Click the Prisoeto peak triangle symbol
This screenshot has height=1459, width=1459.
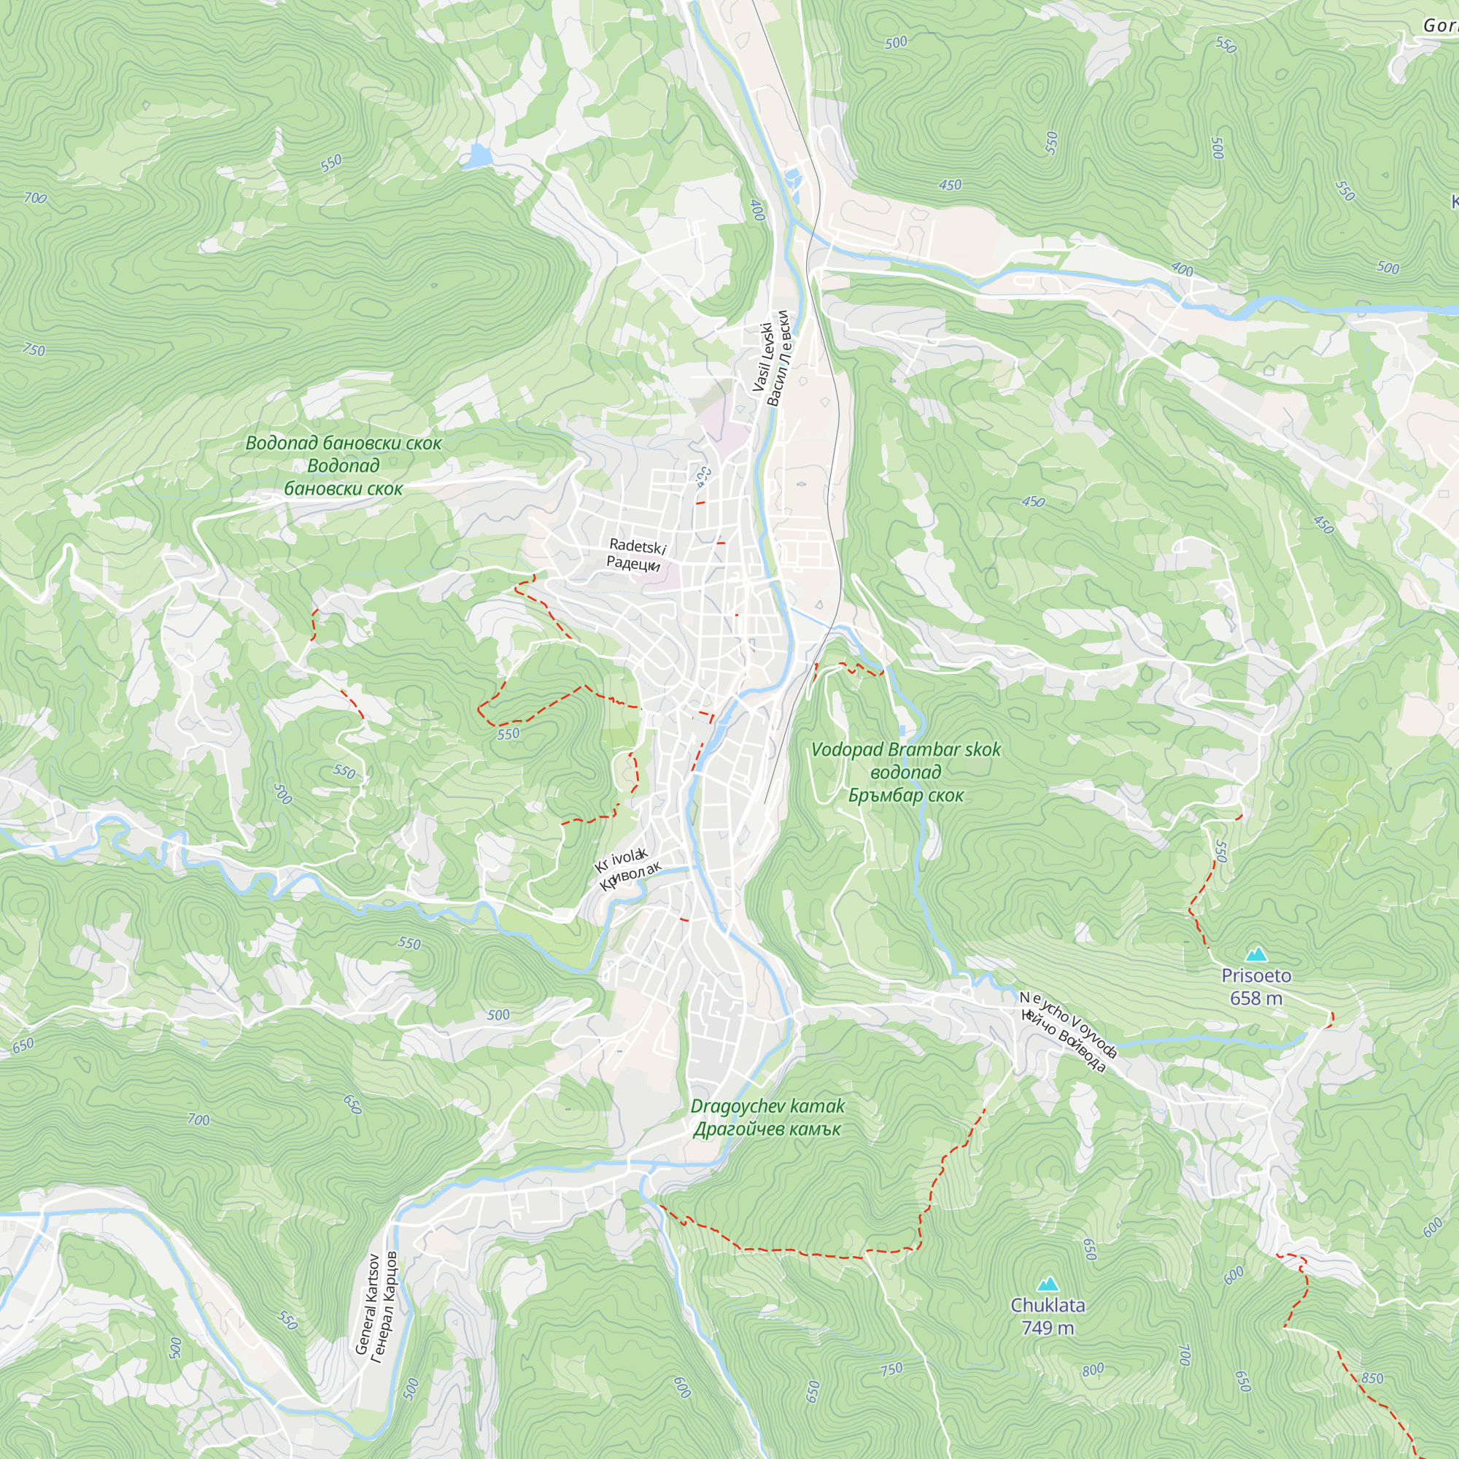point(1256,954)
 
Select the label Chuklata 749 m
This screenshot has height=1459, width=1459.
point(1048,1316)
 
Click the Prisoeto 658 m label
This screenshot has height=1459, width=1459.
point(1256,987)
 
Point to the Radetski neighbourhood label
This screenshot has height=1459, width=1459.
point(636,555)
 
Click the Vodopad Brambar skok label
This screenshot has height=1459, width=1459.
point(905,772)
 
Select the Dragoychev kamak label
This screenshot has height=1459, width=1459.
point(767,1118)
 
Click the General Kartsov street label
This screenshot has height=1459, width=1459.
point(375,1304)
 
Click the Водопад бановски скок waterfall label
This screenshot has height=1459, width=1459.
point(344,465)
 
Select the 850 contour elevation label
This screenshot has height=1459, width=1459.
point(1372,1379)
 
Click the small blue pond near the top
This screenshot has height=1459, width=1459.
point(478,156)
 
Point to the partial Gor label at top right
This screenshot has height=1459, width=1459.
point(1439,26)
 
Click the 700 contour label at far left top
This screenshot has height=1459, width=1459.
point(35,198)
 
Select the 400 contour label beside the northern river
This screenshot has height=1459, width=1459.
point(757,210)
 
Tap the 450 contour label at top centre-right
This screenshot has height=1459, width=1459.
point(950,185)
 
